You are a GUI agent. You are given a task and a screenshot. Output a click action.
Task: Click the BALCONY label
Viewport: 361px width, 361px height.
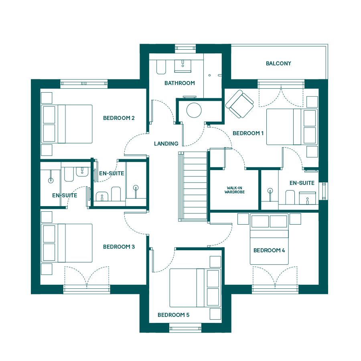point(278,63)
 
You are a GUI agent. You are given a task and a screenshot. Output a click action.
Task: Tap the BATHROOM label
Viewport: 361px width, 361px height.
point(180,83)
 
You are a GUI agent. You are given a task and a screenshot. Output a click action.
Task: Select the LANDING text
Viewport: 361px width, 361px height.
point(166,144)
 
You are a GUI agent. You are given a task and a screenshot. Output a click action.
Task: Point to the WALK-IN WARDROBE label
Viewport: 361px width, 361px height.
point(235,190)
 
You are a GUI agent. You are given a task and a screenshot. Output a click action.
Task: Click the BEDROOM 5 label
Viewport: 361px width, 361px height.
point(173,315)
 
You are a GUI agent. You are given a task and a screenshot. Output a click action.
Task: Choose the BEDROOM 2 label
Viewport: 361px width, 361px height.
point(119,118)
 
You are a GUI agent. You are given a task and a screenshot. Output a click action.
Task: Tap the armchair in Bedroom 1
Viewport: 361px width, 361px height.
point(239,103)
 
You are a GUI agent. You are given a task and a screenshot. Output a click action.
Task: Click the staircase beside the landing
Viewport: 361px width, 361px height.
point(193,187)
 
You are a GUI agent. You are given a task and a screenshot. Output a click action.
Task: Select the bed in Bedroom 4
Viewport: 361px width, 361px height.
point(269,239)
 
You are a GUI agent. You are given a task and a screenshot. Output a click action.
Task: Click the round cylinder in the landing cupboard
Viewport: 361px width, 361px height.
point(194,110)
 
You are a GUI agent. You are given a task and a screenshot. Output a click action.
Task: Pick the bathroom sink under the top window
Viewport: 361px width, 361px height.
point(183,66)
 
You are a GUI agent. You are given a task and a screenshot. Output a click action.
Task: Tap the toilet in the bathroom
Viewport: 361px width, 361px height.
point(161,67)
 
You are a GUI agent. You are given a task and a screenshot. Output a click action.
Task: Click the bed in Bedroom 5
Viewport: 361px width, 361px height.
point(195,288)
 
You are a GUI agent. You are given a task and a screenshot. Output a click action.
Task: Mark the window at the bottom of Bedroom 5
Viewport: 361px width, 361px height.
point(185,328)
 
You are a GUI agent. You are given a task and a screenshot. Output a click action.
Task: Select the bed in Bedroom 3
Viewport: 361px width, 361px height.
point(67,243)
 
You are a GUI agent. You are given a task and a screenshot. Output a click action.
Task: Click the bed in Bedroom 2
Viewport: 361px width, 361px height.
point(67,124)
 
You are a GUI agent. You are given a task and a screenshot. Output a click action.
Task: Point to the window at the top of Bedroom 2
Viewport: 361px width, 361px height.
point(84,84)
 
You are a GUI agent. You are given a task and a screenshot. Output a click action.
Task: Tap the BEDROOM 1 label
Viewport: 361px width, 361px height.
point(248,133)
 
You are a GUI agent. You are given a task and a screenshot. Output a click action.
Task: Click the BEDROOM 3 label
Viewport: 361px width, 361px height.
point(119,247)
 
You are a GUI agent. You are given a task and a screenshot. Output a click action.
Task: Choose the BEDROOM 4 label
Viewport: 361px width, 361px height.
point(269,250)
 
